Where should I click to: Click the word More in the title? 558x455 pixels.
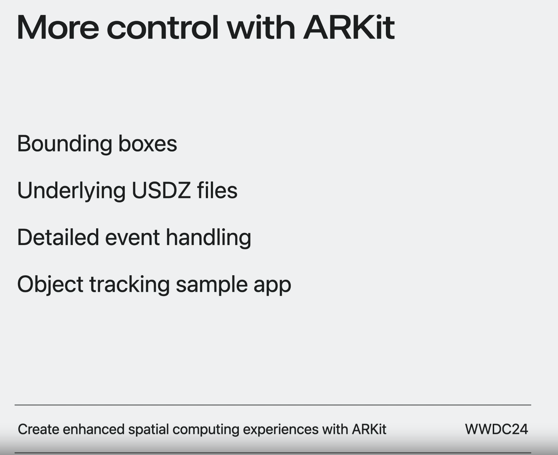(x=58, y=28)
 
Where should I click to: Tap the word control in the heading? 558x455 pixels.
(x=162, y=27)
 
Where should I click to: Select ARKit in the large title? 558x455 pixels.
(x=349, y=27)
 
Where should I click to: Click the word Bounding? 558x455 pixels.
(x=65, y=144)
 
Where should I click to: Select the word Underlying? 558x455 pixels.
(x=71, y=191)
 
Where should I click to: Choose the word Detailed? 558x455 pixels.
(x=58, y=237)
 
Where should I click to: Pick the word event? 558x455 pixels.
(x=132, y=238)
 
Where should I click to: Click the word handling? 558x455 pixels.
(x=208, y=238)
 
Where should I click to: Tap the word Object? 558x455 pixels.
(x=50, y=285)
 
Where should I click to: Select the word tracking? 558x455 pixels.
(x=129, y=285)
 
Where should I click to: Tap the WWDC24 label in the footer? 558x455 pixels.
(x=496, y=429)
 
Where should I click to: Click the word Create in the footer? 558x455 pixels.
(x=38, y=429)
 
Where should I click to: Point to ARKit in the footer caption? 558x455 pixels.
(x=369, y=429)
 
